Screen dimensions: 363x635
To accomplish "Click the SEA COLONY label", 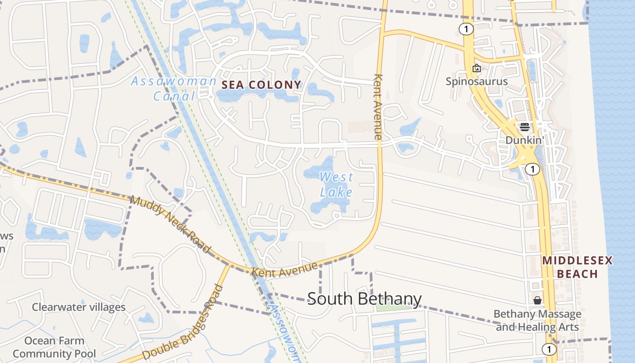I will [261, 84].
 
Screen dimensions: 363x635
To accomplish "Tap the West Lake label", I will [336, 184].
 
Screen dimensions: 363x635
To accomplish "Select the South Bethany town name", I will [364, 299].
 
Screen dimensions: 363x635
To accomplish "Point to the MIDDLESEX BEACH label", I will [577, 267].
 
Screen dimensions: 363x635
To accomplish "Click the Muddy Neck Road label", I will [171, 224].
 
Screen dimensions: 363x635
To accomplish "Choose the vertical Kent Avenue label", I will [378, 106].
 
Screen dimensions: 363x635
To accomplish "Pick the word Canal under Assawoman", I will [174, 96].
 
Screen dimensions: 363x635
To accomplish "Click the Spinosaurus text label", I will [476, 82].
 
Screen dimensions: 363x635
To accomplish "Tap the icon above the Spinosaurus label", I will [477, 69].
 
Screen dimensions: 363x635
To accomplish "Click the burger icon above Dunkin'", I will [525, 127].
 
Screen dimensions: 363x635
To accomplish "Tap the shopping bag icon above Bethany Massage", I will [537, 300].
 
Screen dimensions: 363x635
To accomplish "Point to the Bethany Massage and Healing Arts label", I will [537, 320].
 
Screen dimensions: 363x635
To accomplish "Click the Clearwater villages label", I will [78, 307].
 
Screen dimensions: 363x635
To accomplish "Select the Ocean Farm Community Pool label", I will [54, 347].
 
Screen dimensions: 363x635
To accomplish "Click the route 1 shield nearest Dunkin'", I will [532, 169].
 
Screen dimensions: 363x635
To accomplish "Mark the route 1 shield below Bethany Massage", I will [549, 349].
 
